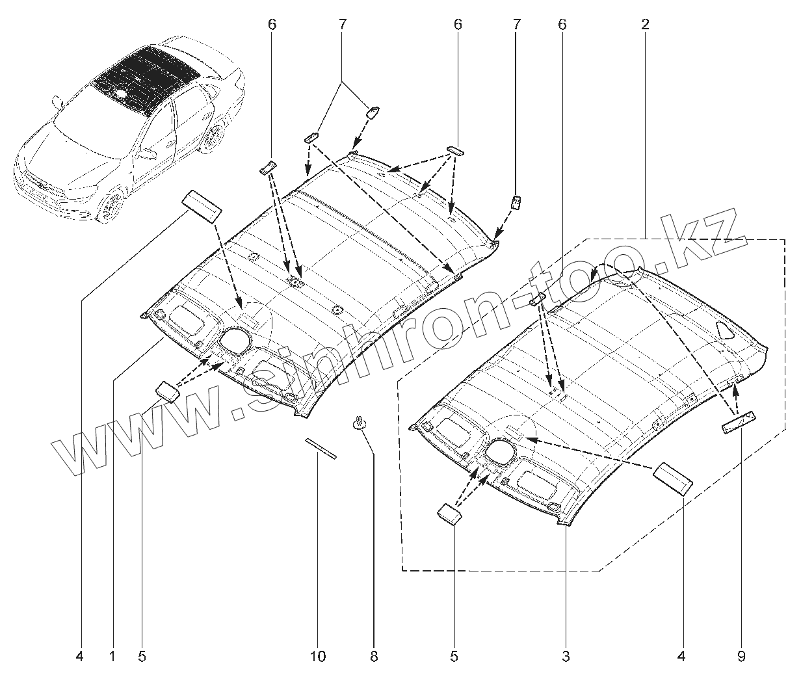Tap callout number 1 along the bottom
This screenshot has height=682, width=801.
[x=112, y=657]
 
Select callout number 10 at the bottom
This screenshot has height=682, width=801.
[x=317, y=657]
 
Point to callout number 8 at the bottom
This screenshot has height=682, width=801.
[x=374, y=657]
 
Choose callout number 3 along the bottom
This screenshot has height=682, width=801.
[x=566, y=657]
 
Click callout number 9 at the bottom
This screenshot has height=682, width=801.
[x=741, y=657]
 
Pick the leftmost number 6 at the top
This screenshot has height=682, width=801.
[x=272, y=25]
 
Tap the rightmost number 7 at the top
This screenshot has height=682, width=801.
[x=517, y=25]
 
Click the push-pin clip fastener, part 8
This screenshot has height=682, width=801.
[x=359, y=422]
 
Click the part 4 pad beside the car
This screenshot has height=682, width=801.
[x=202, y=207]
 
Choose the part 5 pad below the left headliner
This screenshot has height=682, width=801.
[x=166, y=391]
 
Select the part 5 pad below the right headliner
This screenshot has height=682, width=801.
[x=449, y=512]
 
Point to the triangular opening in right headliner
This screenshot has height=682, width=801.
[x=724, y=330]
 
